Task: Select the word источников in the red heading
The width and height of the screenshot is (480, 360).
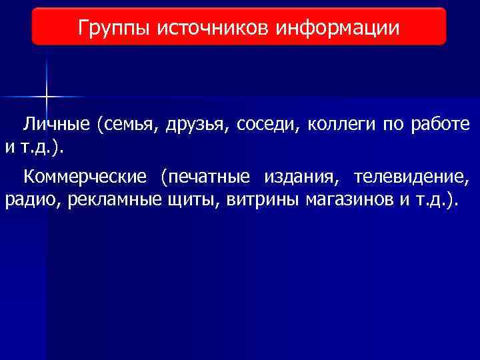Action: click(x=214, y=28)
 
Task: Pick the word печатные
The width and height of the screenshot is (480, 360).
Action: click(x=210, y=177)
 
